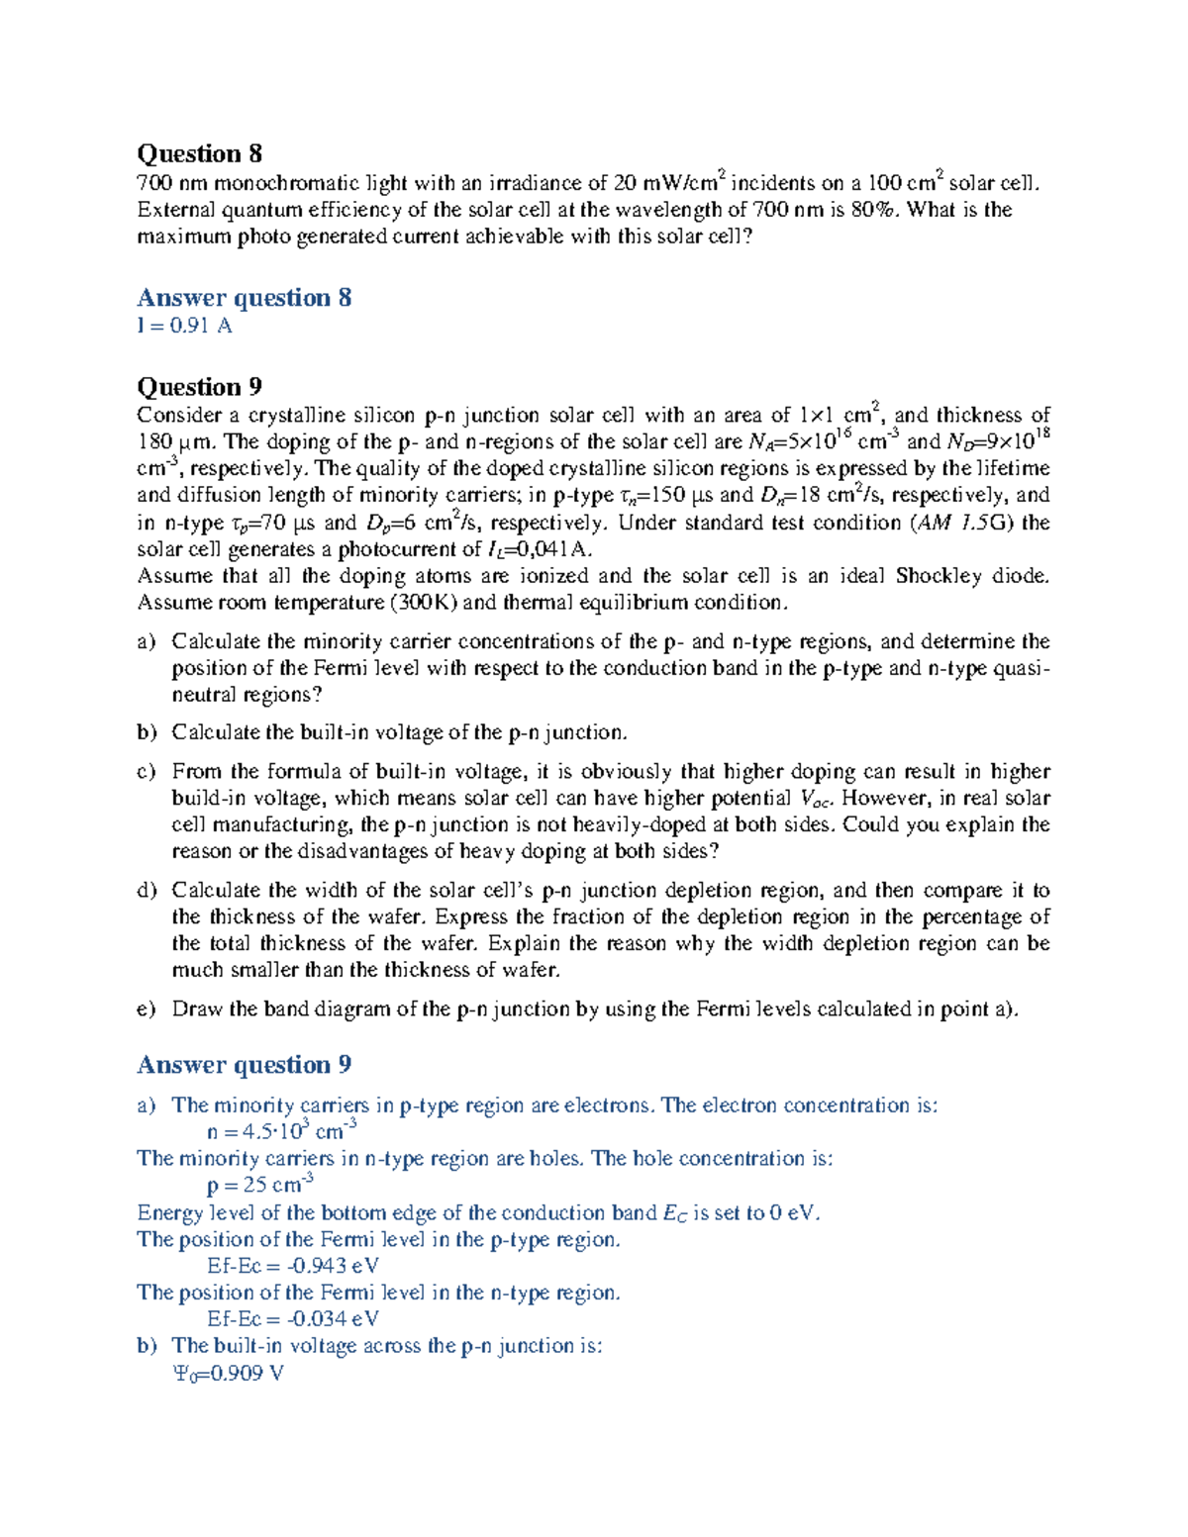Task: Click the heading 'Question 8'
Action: pos(199,153)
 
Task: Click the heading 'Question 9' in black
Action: pos(199,386)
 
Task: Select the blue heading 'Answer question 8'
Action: pos(244,298)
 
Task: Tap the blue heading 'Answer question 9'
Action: pos(244,1065)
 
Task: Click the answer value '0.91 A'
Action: pos(201,326)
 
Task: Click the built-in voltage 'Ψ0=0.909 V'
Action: pos(229,1374)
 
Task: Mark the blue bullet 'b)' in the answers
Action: pos(147,1346)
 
